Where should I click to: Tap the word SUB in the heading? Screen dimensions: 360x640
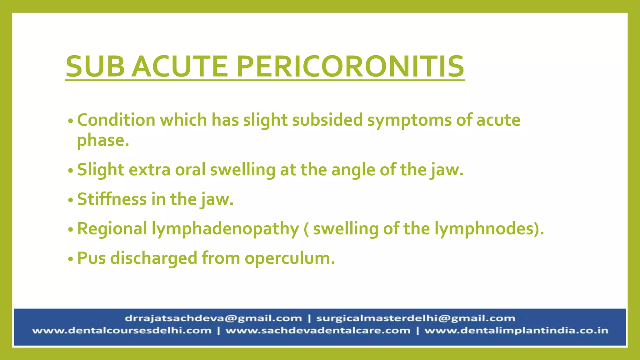[x=95, y=66]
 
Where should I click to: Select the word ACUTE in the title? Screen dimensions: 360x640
[x=180, y=66]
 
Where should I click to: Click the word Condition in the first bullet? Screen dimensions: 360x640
[x=116, y=120]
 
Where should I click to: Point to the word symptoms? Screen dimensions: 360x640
[x=409, y=121]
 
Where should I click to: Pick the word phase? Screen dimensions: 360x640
[x=103, y=140]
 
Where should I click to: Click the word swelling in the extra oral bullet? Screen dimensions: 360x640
[x=242, y=170]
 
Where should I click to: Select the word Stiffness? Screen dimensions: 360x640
[x=112, y=199]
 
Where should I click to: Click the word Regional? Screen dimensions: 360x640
[x=112, y=229]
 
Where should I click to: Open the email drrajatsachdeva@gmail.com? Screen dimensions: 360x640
[x=213, y=318]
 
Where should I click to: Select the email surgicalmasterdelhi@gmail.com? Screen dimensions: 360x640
[x=416, y=318]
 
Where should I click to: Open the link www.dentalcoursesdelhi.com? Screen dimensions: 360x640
[x=122, y=331]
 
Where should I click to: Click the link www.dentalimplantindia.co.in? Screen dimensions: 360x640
[x=516, y=331]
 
